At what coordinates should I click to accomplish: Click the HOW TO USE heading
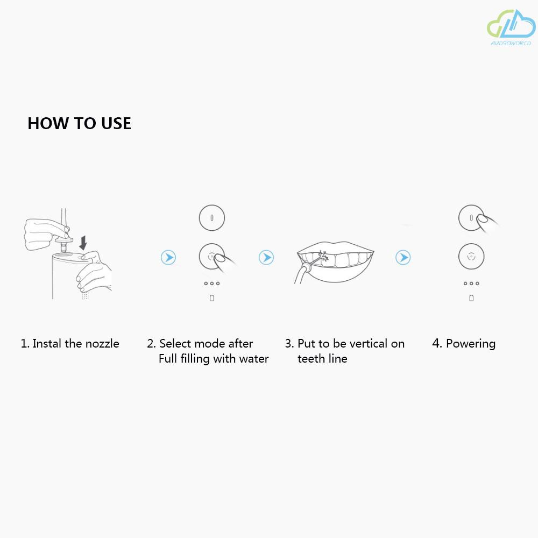[79, 123]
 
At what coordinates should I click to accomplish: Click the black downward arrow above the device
[83, 243]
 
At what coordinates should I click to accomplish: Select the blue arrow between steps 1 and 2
[168, 257]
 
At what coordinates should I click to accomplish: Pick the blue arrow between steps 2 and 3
[266, 257]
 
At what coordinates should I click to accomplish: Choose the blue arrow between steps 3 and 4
[403, 257]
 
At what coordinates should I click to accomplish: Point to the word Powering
[471, 344]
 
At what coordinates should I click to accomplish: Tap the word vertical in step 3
[368, 343]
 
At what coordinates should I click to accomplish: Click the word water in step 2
[254, 358]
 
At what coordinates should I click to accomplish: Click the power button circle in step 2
[211, 218]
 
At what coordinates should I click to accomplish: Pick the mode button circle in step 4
[471, 256]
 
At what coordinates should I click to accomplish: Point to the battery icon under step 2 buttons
[211, 298]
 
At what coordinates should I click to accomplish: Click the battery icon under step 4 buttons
[471, 298]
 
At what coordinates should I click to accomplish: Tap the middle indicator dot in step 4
[471, 284]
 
